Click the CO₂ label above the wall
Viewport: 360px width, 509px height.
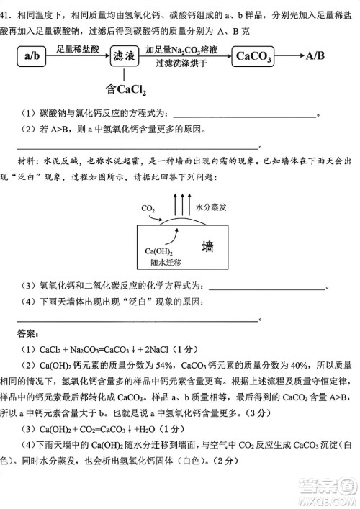pos(148,209)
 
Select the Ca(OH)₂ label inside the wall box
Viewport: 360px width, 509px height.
pos(158,251)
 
